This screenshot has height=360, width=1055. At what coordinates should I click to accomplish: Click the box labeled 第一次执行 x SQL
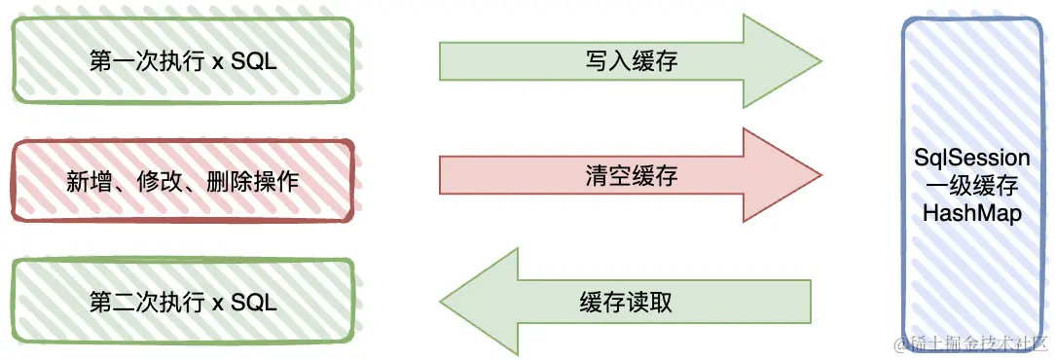182,60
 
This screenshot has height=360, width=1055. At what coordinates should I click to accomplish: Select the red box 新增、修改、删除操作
182,181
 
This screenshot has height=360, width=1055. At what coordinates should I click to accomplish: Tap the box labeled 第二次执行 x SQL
182,302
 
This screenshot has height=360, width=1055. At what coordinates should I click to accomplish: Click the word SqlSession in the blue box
972,158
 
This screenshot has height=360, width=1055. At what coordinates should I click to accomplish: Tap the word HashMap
972,213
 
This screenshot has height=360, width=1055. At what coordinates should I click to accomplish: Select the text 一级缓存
972,186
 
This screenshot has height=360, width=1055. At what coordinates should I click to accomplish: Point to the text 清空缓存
631,176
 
